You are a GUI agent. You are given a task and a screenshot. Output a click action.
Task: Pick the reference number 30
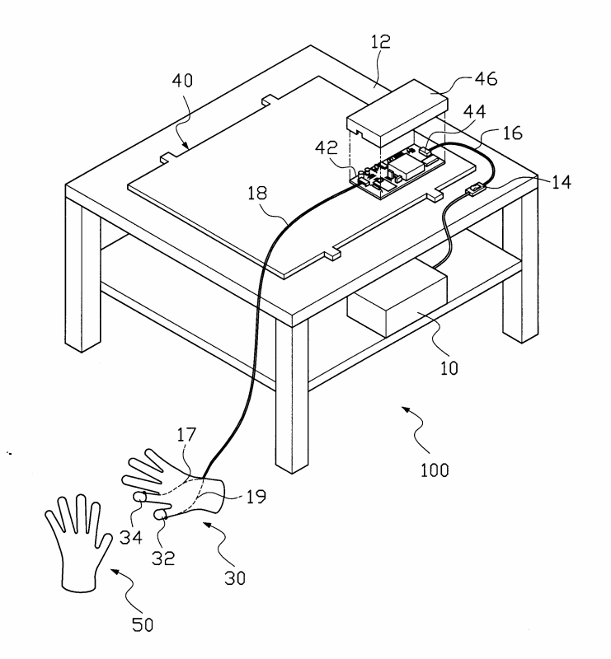tap(233, 577)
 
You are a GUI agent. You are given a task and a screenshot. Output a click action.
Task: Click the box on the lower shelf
tap(396, 305)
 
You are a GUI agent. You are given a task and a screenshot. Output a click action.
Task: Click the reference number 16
tap(511, 133)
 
